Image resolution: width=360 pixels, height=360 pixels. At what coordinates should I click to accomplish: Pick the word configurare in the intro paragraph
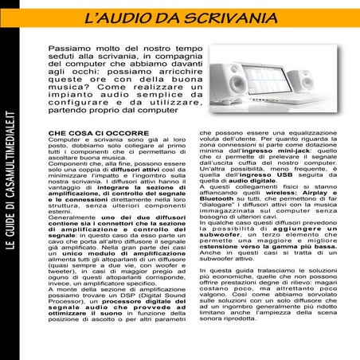click(x=84, y=102)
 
